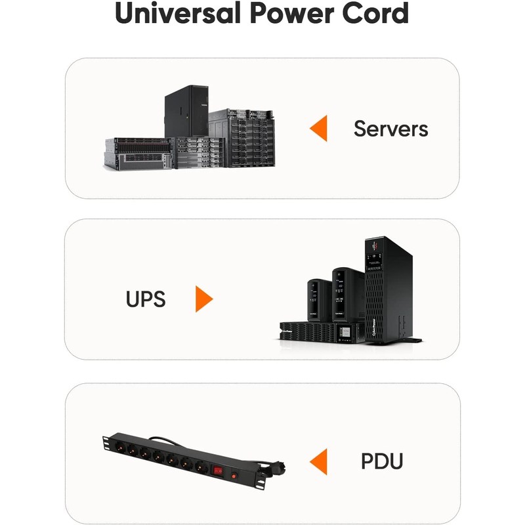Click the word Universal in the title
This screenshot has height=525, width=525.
point(178,13)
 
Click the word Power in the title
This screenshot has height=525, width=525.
point(291,13)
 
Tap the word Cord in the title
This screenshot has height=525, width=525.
point(375,13)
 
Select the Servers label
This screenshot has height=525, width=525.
point(390,129)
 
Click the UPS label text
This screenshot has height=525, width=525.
point(146,299)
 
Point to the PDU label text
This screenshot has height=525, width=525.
point(382,461)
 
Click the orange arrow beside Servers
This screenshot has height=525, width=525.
point(318,128)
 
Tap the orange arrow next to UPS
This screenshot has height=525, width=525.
point(204,299)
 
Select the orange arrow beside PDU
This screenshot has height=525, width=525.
point(318,462)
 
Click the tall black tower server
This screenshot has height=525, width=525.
point(186,111)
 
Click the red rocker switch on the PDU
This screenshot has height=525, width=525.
point(219,471)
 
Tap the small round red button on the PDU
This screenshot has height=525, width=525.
point(234,475)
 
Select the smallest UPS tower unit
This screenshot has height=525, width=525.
point(320,301)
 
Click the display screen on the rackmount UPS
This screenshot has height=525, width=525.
point(345,332)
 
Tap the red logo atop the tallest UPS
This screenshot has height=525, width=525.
point(375,245)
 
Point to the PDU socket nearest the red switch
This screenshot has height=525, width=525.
point(201,466)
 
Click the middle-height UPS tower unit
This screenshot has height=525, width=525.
point(348,295)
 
